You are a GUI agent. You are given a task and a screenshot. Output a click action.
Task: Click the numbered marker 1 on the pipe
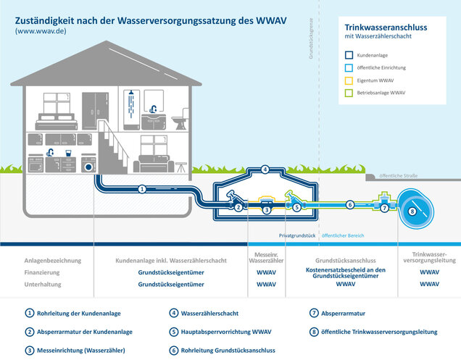(x=142, y=189)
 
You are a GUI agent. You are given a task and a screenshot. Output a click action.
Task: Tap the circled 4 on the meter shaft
(x=265, y=170)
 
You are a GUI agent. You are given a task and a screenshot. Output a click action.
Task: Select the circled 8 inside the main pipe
(x=412, y=212)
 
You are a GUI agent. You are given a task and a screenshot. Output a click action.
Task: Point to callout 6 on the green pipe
(x=349, y=205)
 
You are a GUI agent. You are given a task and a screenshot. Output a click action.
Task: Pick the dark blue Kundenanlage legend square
(x=349, y=54)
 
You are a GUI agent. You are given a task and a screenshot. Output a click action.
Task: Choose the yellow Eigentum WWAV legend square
(x=349, y=80)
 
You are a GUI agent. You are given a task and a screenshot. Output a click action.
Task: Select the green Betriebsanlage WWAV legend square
(x=349, y=92)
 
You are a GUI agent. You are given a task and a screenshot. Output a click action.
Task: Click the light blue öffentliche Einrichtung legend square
(x=349, y=67)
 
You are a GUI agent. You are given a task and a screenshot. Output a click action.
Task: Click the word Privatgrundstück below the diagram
(x=299, y=236)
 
